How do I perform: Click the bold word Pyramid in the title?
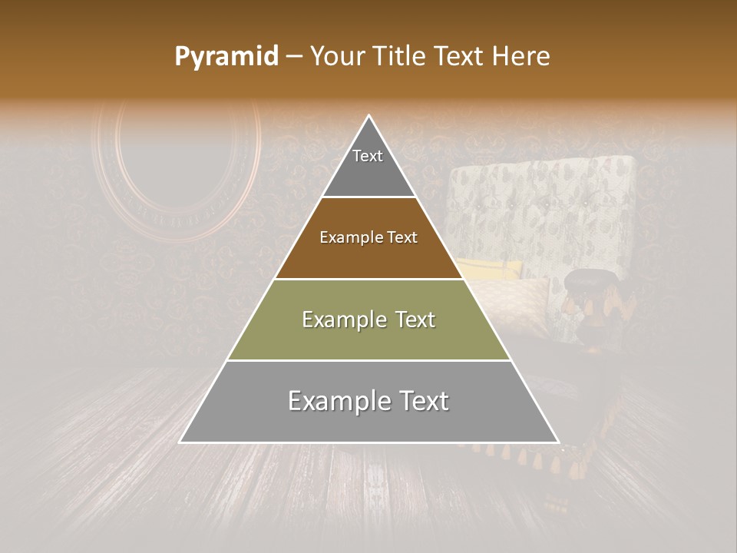click(226, 57)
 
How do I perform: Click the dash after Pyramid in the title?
click(293, 57)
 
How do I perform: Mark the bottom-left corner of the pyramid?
click(180, 442)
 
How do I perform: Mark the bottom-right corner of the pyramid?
click(558, 442)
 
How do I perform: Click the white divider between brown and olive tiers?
click(368, 279)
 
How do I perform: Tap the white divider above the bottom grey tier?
click(368, 360)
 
